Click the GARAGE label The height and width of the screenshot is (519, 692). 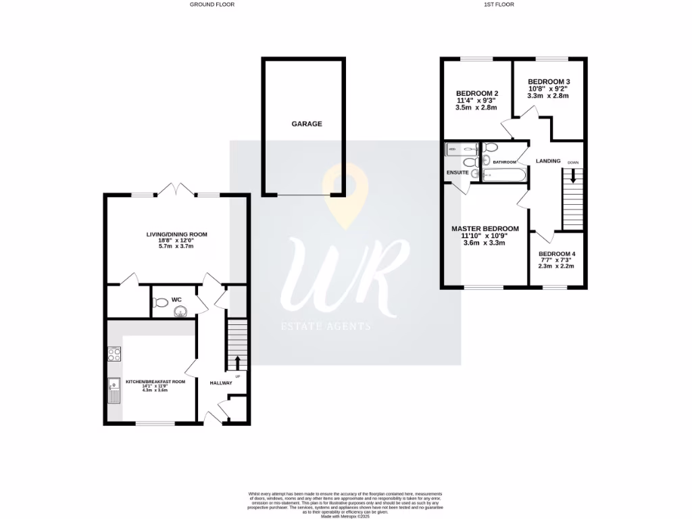click(x=306, y=124)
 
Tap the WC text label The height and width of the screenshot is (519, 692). click(x=176, y=299)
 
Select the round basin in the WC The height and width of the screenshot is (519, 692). click(x=180, y=312)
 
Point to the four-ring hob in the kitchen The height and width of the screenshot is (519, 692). click(x=114, y=353)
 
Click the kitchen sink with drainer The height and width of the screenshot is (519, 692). click(x=113, y=390)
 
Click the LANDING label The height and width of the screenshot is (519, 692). click(x=548, y=161)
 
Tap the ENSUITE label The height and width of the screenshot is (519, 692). click(x=458, y=173)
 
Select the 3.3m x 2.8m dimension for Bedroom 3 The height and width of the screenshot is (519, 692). click(x=548, y=96)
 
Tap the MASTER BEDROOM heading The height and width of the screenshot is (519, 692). click(x=485, y=229)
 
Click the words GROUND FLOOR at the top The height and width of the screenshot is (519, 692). click(x=207, y=5)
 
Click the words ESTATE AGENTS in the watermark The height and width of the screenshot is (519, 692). click(x=326, y=326)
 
